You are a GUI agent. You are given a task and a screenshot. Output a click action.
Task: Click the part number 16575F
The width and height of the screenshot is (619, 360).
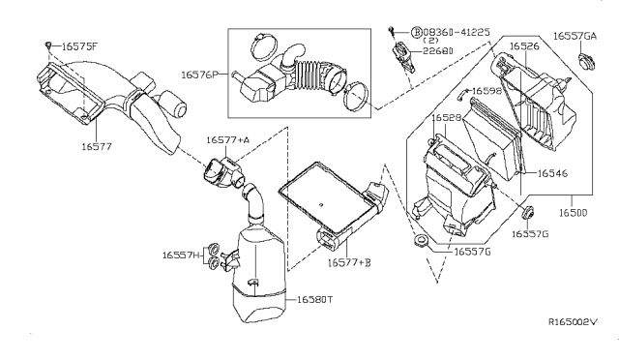[79, 46]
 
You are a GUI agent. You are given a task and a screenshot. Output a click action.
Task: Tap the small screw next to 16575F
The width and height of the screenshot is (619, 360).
[48, 44]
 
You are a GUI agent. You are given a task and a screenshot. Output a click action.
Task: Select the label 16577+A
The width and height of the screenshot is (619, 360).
[228, 140]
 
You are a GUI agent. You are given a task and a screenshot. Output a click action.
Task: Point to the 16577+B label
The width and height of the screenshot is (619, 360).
[349, 262]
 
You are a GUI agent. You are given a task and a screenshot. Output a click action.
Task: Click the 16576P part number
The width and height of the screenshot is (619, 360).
[199, 75]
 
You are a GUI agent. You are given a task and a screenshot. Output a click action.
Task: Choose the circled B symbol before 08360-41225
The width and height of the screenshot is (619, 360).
[417, 32]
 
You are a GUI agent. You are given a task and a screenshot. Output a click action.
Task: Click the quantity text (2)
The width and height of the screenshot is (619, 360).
[430, 41]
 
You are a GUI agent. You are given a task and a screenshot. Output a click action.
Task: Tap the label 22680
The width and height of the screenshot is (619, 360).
[438, 51]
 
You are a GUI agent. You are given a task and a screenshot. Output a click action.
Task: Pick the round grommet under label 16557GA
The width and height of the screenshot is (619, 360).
[586, 61]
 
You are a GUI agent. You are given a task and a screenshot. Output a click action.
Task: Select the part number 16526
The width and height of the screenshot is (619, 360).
[524, 46]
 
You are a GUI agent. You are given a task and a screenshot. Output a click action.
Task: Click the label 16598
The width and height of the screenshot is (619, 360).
[486, 91]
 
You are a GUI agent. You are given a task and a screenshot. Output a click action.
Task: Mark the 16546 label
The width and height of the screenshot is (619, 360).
[552, 173]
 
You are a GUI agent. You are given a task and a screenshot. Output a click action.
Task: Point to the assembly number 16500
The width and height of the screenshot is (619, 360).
[574, 213]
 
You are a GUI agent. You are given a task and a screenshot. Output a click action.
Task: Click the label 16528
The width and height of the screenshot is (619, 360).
[446, 118]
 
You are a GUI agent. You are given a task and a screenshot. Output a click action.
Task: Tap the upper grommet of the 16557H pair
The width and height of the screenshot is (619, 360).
[214, 249]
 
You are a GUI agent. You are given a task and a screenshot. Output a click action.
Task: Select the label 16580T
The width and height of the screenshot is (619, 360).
[314, 300]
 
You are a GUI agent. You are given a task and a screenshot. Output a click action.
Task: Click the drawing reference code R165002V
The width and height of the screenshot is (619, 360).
[574, 321]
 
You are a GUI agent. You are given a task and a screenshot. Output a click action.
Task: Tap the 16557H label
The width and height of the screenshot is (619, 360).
[182, 255]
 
